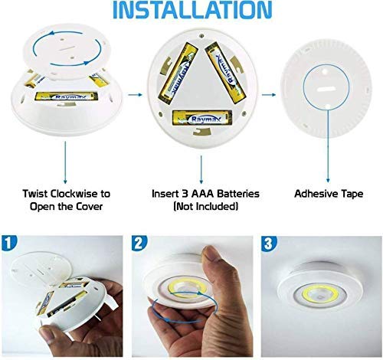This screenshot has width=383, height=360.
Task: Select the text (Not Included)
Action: pyautogui.click(x=201, y=208)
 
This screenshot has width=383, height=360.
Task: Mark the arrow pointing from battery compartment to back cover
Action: pyautogui.click(x=268, y=96)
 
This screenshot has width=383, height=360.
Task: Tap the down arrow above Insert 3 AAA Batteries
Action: pyautogui.click(x=201, y=165)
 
